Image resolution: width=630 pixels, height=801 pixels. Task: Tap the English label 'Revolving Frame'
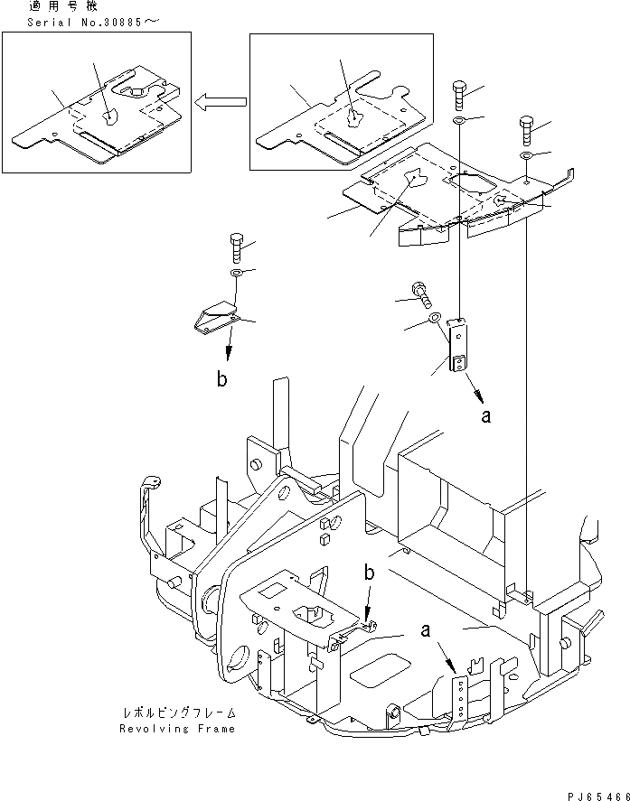178,728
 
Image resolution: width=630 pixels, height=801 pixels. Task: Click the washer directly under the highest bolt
457,120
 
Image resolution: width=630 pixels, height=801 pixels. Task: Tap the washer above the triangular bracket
236,272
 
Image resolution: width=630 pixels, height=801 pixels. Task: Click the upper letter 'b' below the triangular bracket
221,379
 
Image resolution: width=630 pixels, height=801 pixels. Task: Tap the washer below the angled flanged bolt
434,318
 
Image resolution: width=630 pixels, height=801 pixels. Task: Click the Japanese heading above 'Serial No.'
69,6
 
